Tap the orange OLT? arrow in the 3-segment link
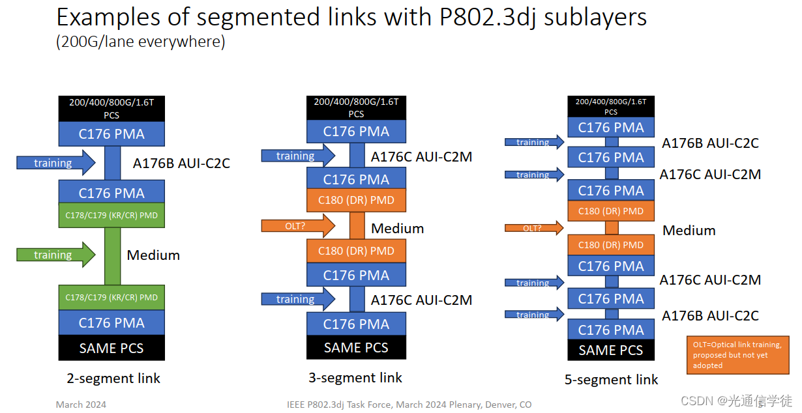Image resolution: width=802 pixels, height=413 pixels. click(x=297, y=225)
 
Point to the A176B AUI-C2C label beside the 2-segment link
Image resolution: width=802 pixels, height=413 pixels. click(x=181, y=163)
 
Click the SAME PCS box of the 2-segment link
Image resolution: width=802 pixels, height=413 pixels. click(x=111, y=348)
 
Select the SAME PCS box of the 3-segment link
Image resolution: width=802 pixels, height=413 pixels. click(x=356, y=347)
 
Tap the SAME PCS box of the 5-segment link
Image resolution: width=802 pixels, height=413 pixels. click(x=611, y=350)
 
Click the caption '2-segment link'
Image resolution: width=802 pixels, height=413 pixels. click(x=113, y=378)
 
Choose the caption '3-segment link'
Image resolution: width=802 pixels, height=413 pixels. click(x=355, y=378)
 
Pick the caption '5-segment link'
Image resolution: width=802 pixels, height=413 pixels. click(x=612, y=380)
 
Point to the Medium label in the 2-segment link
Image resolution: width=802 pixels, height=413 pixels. click(x=153, y=255)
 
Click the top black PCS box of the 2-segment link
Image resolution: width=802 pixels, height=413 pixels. click(x=111, y=108)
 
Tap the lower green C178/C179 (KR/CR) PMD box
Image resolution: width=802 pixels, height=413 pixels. click(x=111, y=298)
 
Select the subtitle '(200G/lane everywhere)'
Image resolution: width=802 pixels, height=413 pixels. click(x=140, y=43)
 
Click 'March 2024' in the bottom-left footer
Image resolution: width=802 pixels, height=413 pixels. click(x=81, y=405)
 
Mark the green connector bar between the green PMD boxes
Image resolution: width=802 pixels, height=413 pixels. click(x=111, y=256)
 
